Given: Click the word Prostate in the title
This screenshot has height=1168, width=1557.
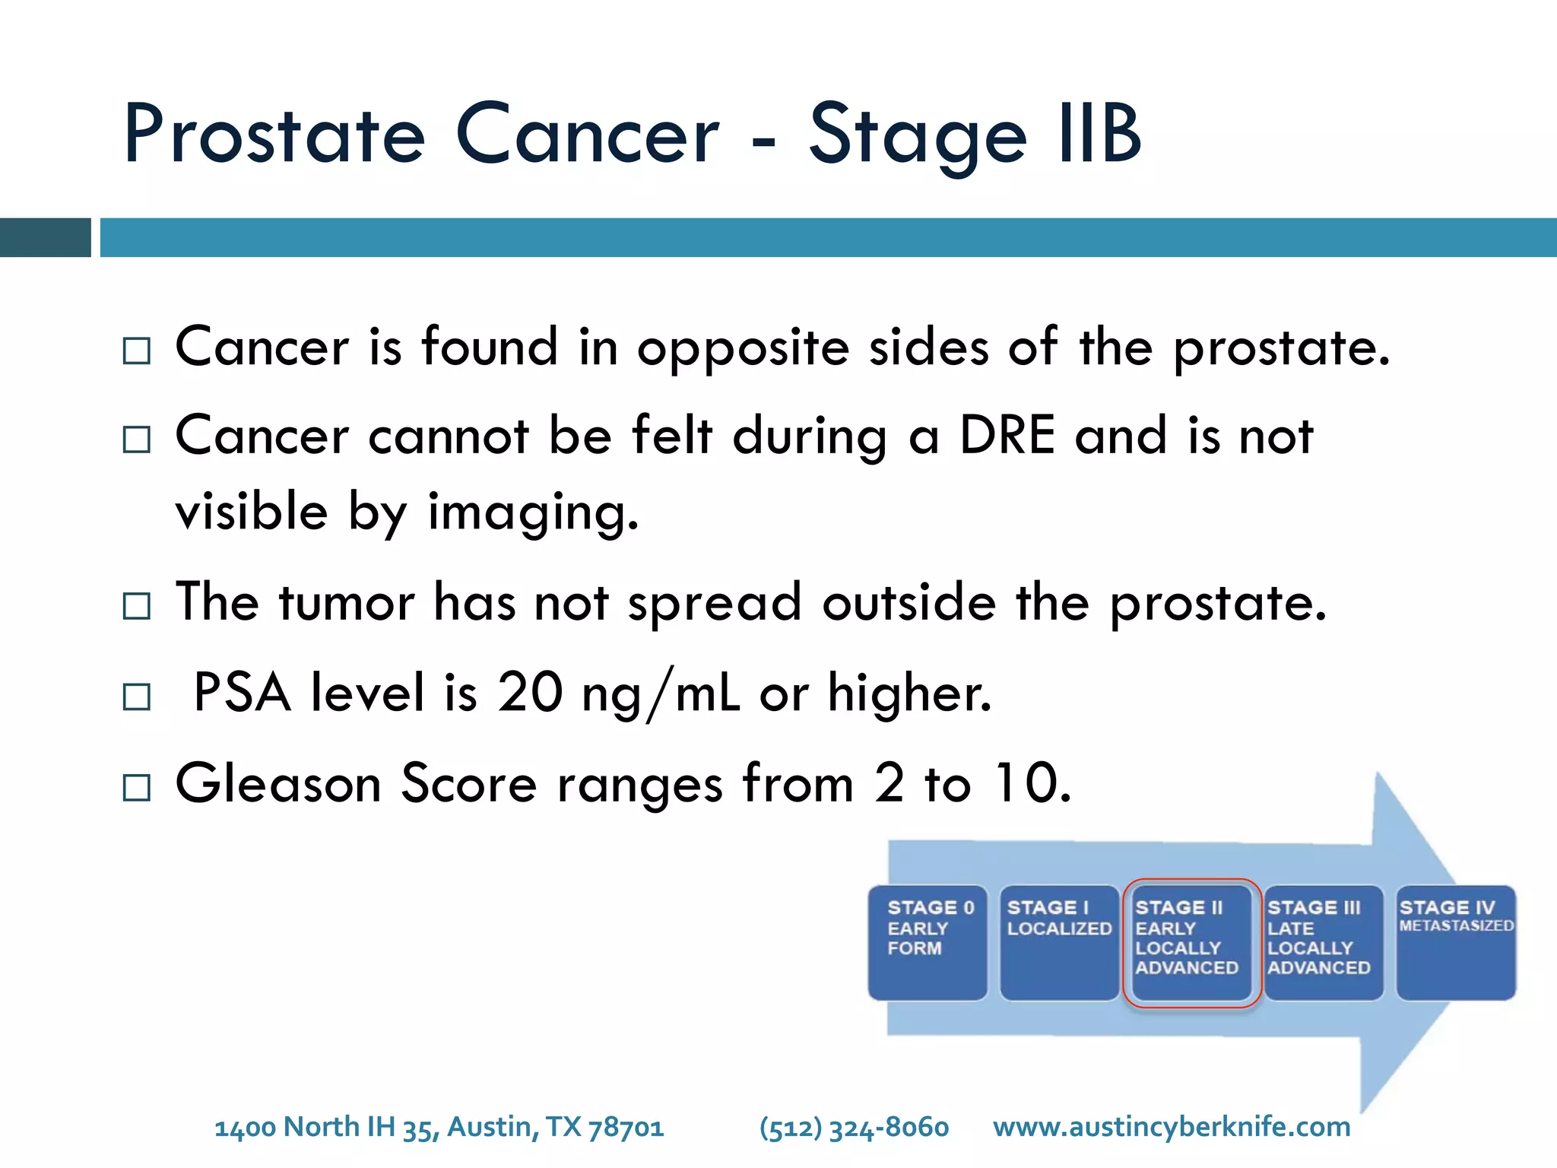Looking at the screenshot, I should click(274, 135).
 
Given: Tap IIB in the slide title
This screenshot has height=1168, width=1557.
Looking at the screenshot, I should click(1100, 135).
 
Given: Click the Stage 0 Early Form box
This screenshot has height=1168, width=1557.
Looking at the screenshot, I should click(927, 943).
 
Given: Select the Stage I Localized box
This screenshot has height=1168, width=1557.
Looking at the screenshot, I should click(1058, 943).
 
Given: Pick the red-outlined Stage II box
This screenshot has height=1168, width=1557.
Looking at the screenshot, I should click(1191, 943).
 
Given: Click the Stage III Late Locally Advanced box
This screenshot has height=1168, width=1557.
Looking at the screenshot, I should click(1322, 943).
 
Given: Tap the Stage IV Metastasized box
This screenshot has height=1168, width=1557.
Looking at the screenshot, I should click(1455, 943).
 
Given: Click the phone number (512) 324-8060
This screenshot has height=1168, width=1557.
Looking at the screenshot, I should click(854, 1127).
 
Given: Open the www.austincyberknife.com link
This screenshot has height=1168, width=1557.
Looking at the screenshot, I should click(1171, 1127).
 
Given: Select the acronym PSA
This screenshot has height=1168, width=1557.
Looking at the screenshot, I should click(242, 693).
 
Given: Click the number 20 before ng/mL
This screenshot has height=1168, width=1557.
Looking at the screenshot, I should click(529, 693).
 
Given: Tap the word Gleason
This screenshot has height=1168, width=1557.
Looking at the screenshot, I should click(278, 783).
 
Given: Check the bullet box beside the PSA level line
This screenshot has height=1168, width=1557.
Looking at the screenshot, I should click(137, 697).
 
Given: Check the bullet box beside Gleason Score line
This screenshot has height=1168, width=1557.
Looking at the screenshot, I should click(137, 787).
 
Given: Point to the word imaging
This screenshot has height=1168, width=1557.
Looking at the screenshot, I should click(532, 513).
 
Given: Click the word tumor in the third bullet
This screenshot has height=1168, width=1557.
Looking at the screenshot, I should click(347, 603).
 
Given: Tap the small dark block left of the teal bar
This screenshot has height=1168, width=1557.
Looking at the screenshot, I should click(45, 237).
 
